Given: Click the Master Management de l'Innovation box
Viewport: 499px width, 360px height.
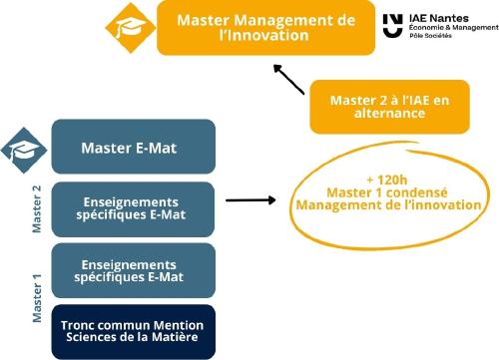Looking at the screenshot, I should click(x=264, y=28).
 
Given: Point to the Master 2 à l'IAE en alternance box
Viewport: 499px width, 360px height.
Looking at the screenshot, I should click(x=389, y=106).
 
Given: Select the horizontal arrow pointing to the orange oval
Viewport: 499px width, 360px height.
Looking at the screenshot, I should click(x=249, y=200).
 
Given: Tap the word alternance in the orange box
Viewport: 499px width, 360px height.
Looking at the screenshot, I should click(x=389, y=114).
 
